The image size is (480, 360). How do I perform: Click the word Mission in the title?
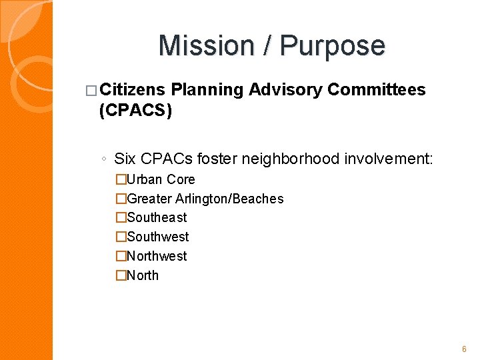coord(206,45)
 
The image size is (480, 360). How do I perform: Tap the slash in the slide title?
coord(268,45)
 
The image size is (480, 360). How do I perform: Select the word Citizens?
coord(135,90)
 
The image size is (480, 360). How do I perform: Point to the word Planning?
coord(207,90)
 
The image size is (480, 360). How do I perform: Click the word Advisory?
coord(285,90)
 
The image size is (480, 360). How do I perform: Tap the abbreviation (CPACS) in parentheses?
coord(135,111)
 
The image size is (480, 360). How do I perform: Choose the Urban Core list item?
coord(161,179)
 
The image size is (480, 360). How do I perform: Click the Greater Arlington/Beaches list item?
coord(205,199)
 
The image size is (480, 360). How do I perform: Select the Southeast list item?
coord(157,217)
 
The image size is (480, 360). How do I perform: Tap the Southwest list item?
coord(157,237)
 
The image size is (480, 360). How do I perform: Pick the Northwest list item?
coord(157,256)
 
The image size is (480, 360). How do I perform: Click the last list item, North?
coord(143,275)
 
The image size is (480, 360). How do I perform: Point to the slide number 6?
coord(464,349)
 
